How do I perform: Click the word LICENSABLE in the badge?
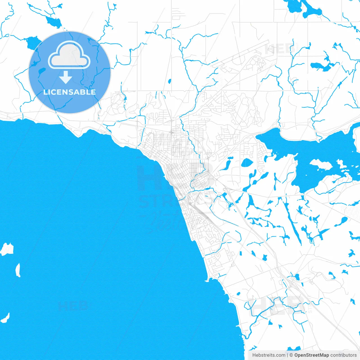click(x=69, y=92)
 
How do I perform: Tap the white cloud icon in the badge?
click(x=69, y=56)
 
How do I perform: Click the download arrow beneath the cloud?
click(x=66, y=77)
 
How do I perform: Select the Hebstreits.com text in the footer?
click(x=269, y=355)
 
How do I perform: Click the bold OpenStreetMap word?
click(x=312, y=355)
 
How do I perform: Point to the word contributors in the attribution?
click(x=343, y=355)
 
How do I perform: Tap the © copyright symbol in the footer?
click(x=291, y=355)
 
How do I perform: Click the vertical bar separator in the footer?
click(x=287, y=355)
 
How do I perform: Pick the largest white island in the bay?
click(x=7, y=249)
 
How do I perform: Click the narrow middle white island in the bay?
click(x=18, y=270)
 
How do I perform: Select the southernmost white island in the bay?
click(x=5, y=318)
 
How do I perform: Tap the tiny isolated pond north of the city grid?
click(x=169, y=82)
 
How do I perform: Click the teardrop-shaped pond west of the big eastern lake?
click(x=247, y=163)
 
